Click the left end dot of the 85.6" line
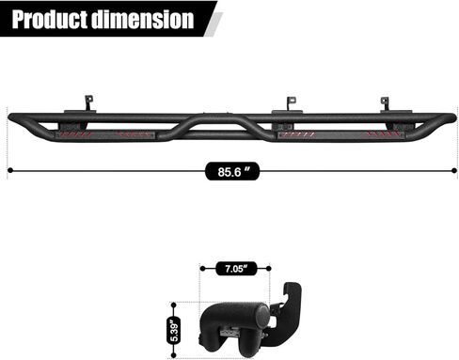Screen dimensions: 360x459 point(9,170)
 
